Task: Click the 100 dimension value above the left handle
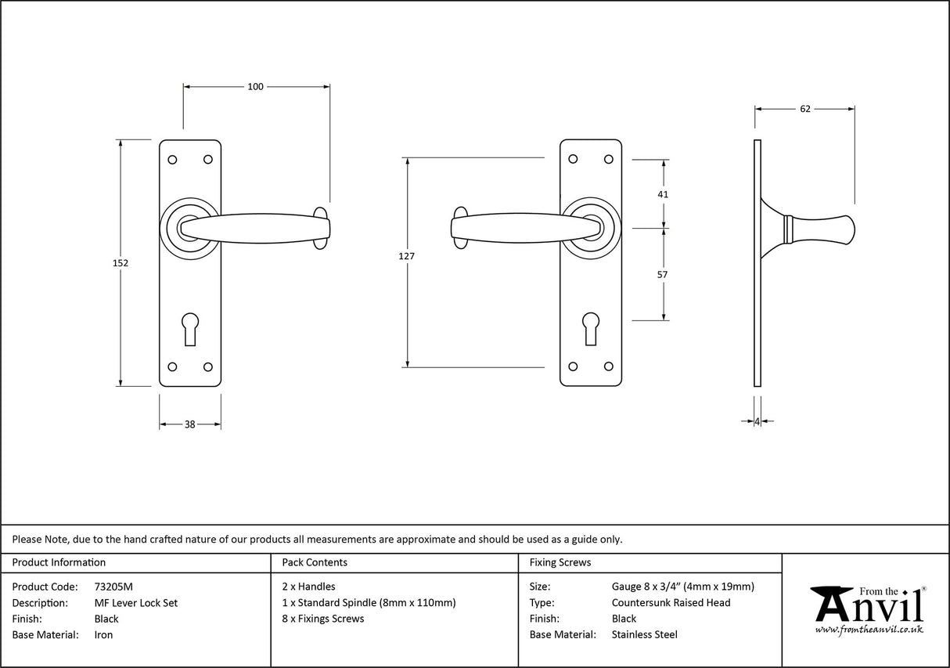click(x=255, y=86)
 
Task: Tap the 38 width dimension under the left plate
click(x=189, y=424)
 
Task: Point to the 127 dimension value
click(x=406, y=256)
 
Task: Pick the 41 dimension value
click(x=663, y=194)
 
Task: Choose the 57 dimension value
click(x=663, y=275)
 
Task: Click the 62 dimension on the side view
click(x=804, y=109)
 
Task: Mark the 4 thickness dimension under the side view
click(x=757, y=421)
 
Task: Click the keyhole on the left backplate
click(x=190, y=327)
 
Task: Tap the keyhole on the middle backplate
click(x=591, y=327)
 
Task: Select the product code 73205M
click(x=113, y=587)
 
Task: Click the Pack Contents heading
click(x=314, y=562)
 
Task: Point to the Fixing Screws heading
click(x=560, y=562)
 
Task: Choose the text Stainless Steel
click(x=644, y=635)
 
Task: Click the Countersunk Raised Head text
click(x=671, y=603)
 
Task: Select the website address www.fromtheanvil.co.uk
click(x=869, y=630)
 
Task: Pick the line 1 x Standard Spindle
click(x=368, y=603)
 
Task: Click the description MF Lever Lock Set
click(x=135, y=603)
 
